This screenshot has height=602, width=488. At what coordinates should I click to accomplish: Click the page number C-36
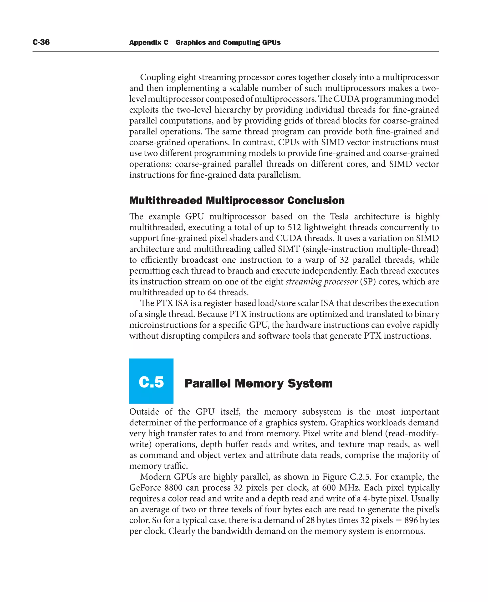click(x=41, y=42)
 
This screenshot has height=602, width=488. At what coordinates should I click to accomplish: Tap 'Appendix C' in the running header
click(x=148, y=42)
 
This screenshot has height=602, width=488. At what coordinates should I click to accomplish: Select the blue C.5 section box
click(x=151, y=381)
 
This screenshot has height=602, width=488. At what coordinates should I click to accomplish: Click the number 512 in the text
click(x=294, y=227)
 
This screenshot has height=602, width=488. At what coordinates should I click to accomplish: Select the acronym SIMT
click(x=289, y=249)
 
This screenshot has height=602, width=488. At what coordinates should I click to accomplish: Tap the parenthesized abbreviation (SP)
click(x=368, y=281)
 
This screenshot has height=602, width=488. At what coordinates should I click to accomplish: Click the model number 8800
click(x=173, y=488)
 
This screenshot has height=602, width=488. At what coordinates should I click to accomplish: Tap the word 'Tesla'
click(x=339, y=216)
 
